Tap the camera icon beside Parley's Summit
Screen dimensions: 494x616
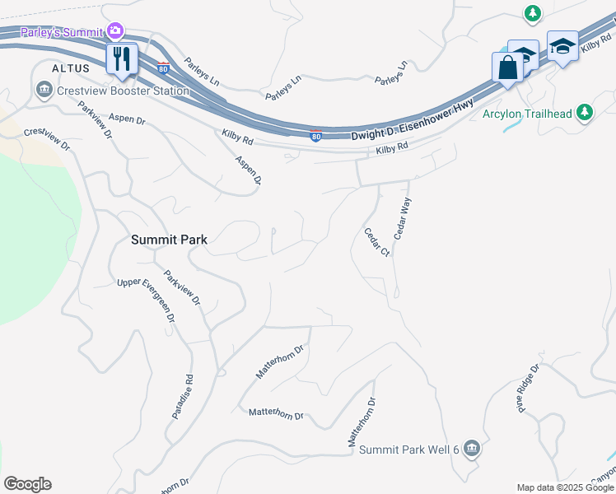point(115,32)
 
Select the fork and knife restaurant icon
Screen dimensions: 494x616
point(122,59)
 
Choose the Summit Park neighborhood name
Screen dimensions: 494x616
point(169,240)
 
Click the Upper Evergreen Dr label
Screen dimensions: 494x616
point(147,300)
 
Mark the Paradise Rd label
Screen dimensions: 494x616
point(183,398)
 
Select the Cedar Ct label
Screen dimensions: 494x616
point(376,241)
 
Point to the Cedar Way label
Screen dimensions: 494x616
point(403,219)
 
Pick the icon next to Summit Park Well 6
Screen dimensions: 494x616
point(471,448)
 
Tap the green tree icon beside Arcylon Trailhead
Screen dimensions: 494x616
point(585,112)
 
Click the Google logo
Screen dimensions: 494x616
point(27,484)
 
